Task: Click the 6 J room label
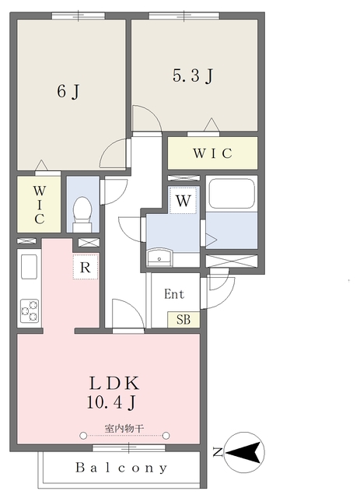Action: click(x=68, y=92)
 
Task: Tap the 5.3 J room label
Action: click(x=193, y=75)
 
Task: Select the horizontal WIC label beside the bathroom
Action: click(x=212, y=153)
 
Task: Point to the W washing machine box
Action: click(x=183, y=201)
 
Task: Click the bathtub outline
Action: click(x=232, y=194)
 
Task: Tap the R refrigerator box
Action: click(x=85, y=267)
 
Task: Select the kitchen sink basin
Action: click(x=29, y=267)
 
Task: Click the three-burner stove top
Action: click(x=30, y=311)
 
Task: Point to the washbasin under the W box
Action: click(x=159, y=258)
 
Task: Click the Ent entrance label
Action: click(x=174, y=294)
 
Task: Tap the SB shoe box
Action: click(x=183, y=320)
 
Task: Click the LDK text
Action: click(x=114, y=383)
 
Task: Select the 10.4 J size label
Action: click(x=111, y=402)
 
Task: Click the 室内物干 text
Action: click(x=124, y=429)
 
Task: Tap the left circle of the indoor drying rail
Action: click(x=83, y=436)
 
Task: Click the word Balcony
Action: click(x=121, y=468)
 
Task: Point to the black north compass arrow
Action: click(x=244, y=452)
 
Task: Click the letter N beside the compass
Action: click(x=218, y=452)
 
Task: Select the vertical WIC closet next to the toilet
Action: click(x=39, y=205)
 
